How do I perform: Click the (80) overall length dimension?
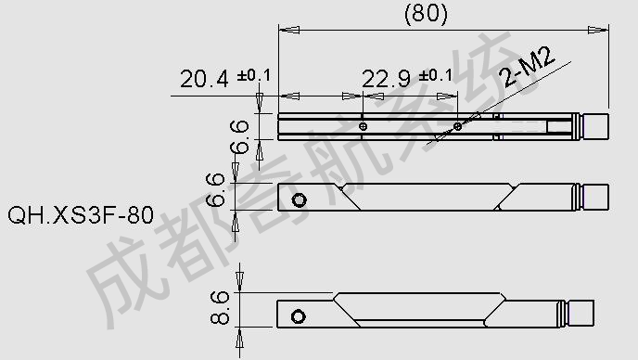click(x=426, y=13)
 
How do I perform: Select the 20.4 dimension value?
click(x=204, y=79)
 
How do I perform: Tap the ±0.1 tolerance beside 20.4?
click(x=254, y=75)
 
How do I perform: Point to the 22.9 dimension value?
click(x=386, y=79)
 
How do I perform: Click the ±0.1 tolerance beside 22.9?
click(x=436, y=75)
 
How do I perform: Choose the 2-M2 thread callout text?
click(x=528, y=67)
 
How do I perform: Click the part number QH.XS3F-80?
click(x=81, y=214)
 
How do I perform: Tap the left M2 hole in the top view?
click(x=363, y=126)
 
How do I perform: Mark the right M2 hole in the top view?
click(x=457, y=126)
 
